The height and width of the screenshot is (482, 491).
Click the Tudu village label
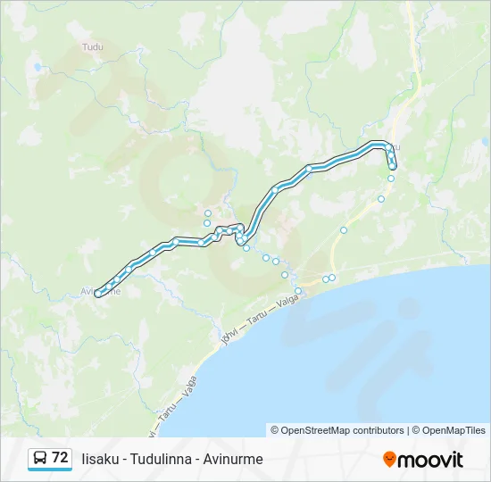coord(92,46)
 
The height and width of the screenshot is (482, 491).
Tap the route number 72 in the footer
coord(60,457)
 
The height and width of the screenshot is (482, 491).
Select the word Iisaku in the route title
coord(102,459)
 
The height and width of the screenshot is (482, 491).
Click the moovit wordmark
coord(430,460)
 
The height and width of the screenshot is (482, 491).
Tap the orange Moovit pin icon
coord(389,459)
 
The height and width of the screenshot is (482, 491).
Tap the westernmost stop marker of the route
coord(98,293)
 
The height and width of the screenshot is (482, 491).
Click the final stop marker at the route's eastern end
coord(393,166)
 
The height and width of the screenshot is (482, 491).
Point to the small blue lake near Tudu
coord(37,67)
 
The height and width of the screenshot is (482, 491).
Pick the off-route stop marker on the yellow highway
coord(344,229)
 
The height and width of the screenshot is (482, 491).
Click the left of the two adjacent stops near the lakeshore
coord(326,278)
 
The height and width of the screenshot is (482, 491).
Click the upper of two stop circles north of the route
coord(208,212)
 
